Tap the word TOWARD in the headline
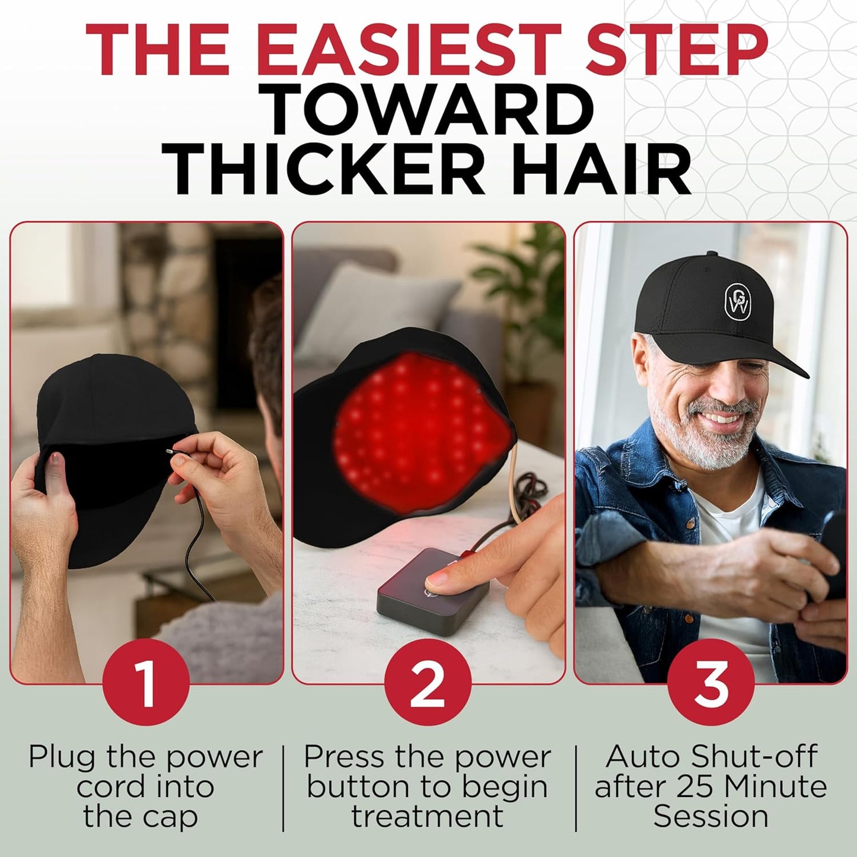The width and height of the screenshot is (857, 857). click(x=428, y=110)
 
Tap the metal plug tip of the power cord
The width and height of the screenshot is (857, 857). click(x=171, y=451)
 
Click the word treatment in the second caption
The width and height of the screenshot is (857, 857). click(x=427, y=816)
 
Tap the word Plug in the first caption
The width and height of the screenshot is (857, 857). click(x=64, y=757)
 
